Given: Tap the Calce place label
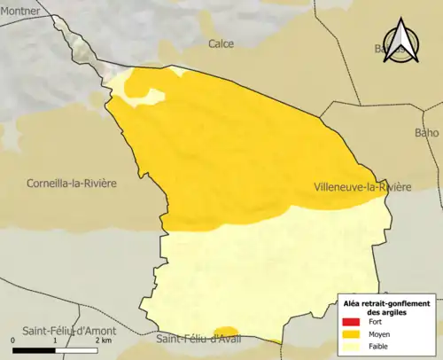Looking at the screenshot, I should (x=221, y=43).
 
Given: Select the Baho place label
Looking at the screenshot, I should (x=426, y=133).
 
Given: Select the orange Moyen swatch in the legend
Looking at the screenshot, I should (x=349, y=335).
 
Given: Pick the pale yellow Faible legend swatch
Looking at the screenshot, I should (x=349, y=348).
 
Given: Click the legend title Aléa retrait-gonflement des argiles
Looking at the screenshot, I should (x=386, y=308).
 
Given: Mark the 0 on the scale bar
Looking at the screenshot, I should (x=14, y=340).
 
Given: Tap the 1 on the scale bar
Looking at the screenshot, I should (x=55, y=340).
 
